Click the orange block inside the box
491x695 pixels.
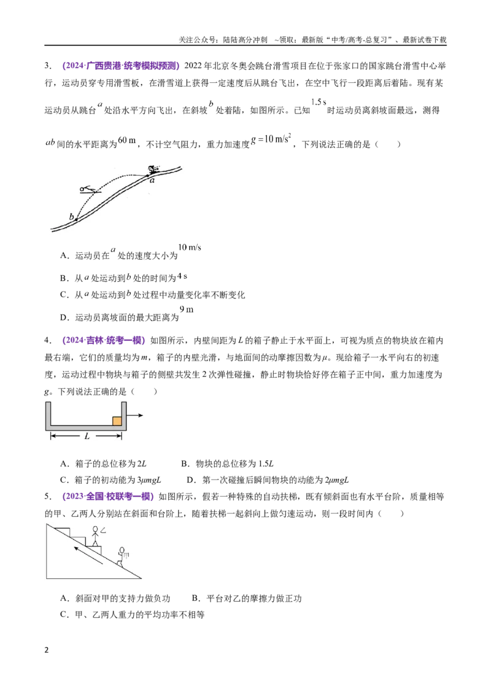pyautogui.click(x=117, y=421)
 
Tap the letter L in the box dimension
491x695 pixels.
pyautogui.click(x=87, y=437)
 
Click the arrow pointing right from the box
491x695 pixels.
pyautogui.click(x=134, y=415)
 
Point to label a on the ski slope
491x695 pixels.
pyautogui.click(x=152, y=181)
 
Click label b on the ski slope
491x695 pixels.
pyautogui.click(x=71, y=217)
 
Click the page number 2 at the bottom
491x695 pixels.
pyautogui.click(x=47, y=650)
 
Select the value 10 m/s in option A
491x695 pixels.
pyautogui.click(x=190, y=247)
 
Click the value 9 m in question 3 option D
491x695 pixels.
pyautogui.click(x=187, y=309)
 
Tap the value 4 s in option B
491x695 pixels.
pyautogui.click(x=182, y=276)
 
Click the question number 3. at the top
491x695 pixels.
pyautogui.click(x=48, y=66)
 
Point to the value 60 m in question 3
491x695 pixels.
pyautogui.click(x=127, y=140)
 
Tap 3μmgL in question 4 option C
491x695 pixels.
pyautogui.click(x=149, y=480)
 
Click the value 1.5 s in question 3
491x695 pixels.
pyautogui.click(x=319, y=102)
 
